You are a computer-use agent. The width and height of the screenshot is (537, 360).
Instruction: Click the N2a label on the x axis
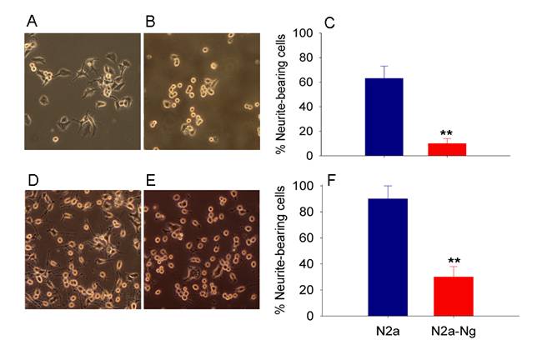click(x=390, y=332)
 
